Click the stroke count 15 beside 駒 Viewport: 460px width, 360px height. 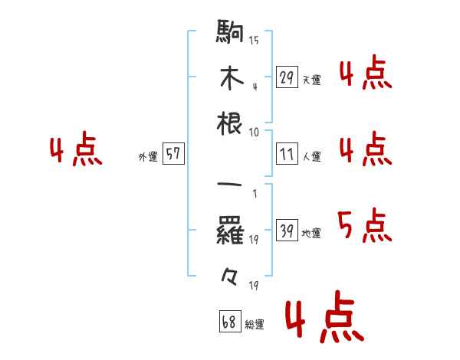(254, 40)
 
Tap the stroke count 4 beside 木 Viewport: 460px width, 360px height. (255, 86)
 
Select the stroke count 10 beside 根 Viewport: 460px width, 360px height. (254, 132)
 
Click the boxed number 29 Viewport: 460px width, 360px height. (287, 77)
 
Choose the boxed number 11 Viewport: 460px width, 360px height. (287, 154)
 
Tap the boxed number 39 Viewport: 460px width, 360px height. (287, 231)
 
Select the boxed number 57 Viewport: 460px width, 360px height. (172, 154)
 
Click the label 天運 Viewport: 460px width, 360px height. (311, 80)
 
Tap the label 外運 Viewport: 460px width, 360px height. (148, 157)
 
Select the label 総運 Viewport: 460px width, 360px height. (255, 325)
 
